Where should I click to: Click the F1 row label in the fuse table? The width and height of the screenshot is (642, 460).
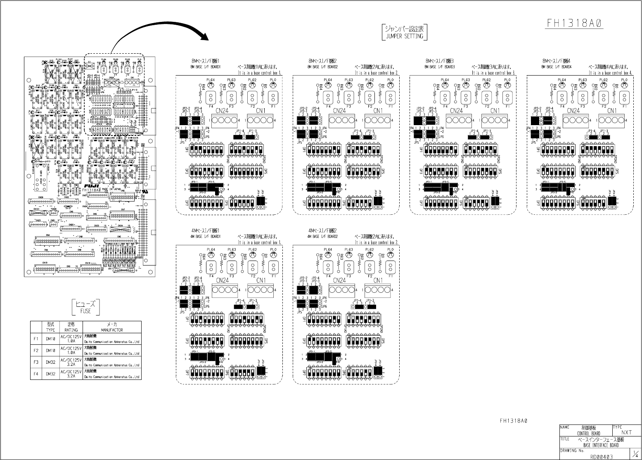point(36,339)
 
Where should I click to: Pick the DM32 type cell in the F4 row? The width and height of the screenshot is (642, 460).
point(50,374)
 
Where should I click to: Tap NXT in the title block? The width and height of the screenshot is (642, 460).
point(626,432)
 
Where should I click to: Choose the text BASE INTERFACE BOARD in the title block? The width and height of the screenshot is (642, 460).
point(601,445)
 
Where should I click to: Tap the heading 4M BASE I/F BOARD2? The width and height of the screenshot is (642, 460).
point(323,237)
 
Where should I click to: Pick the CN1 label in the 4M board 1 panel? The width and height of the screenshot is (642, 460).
point(261,280)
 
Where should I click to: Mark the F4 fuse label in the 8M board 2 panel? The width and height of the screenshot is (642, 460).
point(328,107)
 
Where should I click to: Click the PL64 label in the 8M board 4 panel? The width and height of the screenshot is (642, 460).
point(561,80)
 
